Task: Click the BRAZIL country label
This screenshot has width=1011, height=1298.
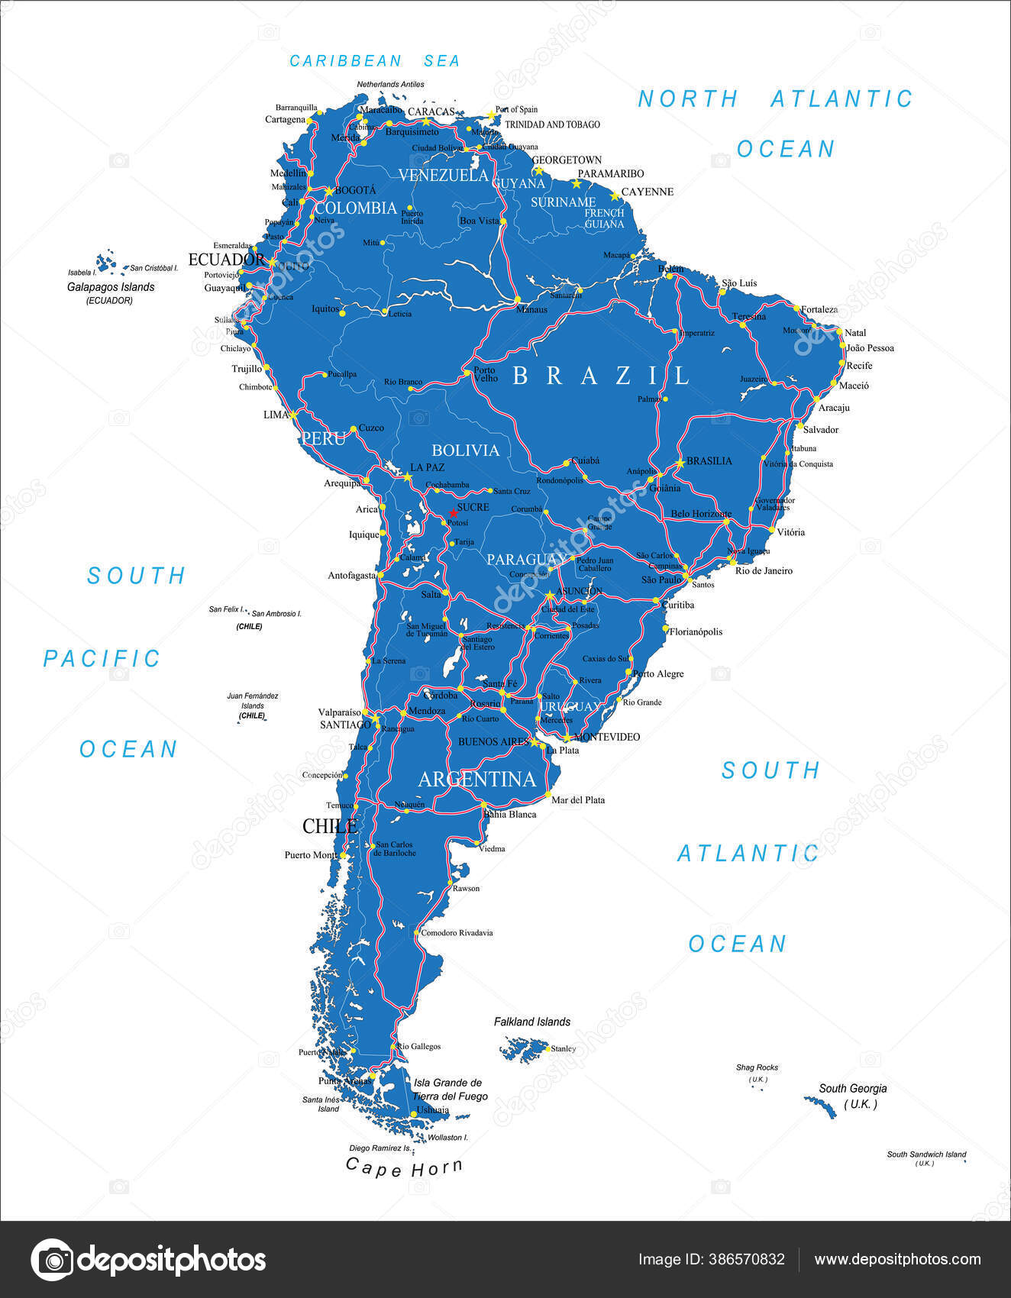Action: [601, 375]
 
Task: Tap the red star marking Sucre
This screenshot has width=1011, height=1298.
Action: [453, 513]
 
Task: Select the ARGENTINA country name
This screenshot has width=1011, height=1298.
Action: [477, 779]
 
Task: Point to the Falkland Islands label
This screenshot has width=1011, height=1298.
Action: [531, 1022]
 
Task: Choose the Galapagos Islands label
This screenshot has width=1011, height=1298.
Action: [111, 287]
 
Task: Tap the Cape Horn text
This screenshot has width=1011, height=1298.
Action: [404, 1167]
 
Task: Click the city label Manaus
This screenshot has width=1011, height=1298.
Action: [531, 309]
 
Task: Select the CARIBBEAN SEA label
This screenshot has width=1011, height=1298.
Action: [374, 61]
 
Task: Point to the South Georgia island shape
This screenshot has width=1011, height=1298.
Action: [820, 1105]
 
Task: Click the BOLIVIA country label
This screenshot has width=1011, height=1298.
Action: [465, 450]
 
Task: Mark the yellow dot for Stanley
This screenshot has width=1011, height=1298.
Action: [547, 1048]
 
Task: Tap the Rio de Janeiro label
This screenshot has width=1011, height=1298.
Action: [764, 570]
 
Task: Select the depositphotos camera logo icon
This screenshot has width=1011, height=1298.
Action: [52, 1259]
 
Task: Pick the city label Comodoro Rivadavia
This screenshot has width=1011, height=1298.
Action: [457, 932]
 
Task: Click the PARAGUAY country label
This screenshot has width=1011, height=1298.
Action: [525, 560]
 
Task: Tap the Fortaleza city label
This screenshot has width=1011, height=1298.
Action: [819, 309]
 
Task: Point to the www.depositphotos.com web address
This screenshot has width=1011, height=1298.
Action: [897, 1259]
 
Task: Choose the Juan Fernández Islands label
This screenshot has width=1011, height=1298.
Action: [253, 701]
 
